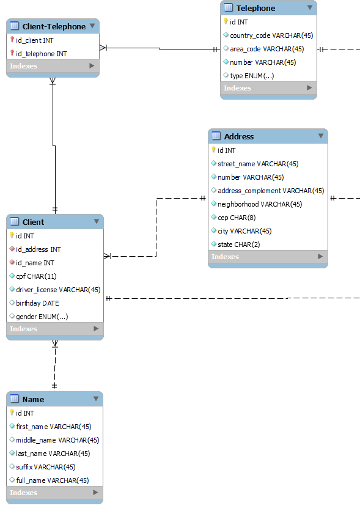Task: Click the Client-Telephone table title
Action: (x=54, y=26)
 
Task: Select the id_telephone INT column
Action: (x=42, y=54)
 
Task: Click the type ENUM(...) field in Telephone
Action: (x=252, y=76)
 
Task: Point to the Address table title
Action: (x=238, y=136)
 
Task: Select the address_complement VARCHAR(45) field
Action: (x=271, y=191)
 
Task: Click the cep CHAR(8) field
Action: (x=228, y=218)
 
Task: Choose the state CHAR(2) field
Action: (x=230, y=244)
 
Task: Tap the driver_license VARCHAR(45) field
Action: (x=58, y=290)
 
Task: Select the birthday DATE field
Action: (x=37, y=303)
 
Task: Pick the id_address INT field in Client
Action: (x=38, y=249)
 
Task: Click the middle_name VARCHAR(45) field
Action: (x=57, y=440)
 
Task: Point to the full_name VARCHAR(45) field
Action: (x=52, y=480)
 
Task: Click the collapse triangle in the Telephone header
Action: (x=310, y=8)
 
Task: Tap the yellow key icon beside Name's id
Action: (x=12, y=413)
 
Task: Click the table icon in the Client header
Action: (x=15, y=222)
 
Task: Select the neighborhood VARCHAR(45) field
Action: (x=260, y=204)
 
